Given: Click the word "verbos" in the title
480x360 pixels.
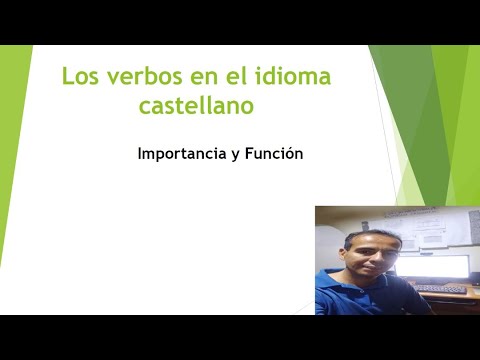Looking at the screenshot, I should [x=135, y=76].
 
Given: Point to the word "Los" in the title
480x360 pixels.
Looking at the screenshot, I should [x=79, y=76].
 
